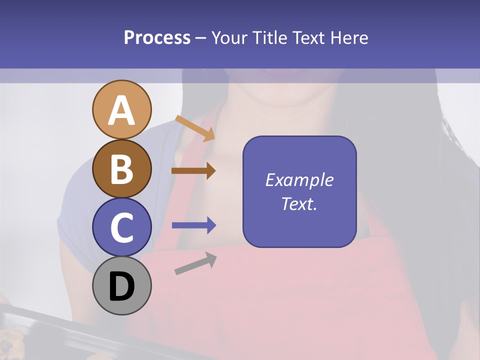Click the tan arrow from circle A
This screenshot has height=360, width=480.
click(x=195, y=128)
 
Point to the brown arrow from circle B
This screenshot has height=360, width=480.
click(x=193, y=171)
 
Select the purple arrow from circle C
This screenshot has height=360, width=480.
click(x=194, y=225)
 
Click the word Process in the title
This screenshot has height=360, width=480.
click(x=157, y=37)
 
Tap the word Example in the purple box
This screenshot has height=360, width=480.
click(x=299, y=180)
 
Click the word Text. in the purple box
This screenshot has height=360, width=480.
click(x=299, y=204)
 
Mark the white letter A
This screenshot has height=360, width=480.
click(x=121, y=111)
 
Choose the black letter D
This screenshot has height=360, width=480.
click(x=121, y=286)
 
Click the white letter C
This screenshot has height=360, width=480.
click(x=121, y=227)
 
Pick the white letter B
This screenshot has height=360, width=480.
click(x=121, y=169)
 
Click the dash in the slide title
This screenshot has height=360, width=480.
click(x=201, y=38)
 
